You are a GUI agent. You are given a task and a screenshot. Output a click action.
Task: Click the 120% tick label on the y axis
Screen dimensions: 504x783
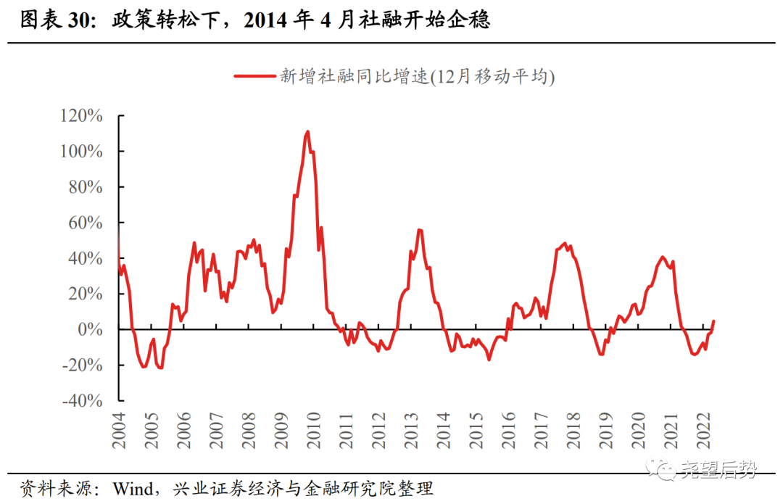(83, 116)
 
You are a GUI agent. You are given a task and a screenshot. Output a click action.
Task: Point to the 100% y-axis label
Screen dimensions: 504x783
(83, 152)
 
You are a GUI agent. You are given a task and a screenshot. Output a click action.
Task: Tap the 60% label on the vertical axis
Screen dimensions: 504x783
(86, 223)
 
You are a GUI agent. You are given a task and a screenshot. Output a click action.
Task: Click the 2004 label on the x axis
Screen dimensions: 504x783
(119, 430)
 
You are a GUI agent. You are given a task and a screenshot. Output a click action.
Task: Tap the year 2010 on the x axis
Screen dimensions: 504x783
(313, 430)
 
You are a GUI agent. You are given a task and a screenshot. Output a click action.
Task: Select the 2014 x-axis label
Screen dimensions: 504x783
(443, 430)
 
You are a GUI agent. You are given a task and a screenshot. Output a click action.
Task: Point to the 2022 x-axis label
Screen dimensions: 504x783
(703, 430)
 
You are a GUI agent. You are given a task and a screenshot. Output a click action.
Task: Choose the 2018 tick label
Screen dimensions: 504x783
(573, 430)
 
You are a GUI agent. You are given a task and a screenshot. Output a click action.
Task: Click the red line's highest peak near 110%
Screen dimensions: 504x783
(308, 132)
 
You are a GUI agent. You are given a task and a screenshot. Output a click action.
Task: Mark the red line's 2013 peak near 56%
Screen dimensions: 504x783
(420, 230)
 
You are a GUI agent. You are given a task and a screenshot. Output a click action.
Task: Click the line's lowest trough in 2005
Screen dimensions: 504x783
(161, 368)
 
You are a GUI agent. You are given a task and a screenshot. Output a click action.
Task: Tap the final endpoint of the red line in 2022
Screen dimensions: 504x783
(714, 321)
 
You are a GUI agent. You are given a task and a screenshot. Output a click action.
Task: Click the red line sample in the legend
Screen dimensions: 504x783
(254, 75)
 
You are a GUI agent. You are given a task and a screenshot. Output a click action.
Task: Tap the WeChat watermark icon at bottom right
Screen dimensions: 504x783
(663, 471)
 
